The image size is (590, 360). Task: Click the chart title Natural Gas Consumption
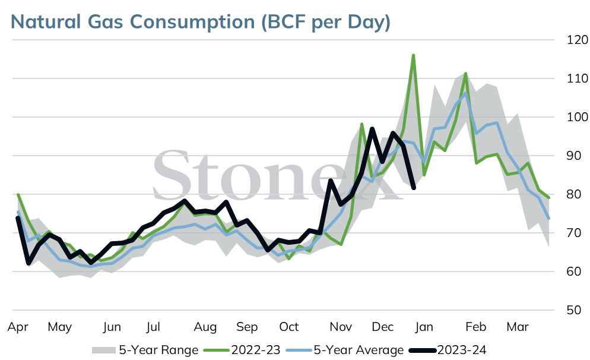[x=133, y=21]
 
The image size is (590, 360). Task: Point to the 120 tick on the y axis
[x=577, y=40]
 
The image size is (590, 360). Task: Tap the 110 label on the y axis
[x=577, y=78]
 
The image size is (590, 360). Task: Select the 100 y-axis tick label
[x=577, y=117]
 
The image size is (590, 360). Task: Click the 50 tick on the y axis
[x=574, y=310]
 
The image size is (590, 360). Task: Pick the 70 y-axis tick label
[x=574, y=233]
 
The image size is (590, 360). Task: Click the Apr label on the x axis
[x=18, y=327]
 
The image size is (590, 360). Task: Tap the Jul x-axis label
[x=153, y=327]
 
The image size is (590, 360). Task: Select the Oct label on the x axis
[x=288, y=327]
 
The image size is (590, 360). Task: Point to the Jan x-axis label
[x=424, y=327]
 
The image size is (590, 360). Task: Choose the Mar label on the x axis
[x=518, y=327]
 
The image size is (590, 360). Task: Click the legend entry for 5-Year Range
[x=145, y=350]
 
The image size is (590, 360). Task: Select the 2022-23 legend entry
[x=242, y=350]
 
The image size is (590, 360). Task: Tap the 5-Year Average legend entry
[x=345, y=350]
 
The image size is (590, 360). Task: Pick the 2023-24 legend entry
[x=448, y=350]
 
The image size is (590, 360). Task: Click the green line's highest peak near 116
[x=413, y=55]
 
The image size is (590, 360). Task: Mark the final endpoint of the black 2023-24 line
[x=414, y=188]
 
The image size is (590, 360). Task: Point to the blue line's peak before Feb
[x=465, y=93]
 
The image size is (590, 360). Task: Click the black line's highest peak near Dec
[x=372, y=129]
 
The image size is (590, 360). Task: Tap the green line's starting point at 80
[x=18, y=194]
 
